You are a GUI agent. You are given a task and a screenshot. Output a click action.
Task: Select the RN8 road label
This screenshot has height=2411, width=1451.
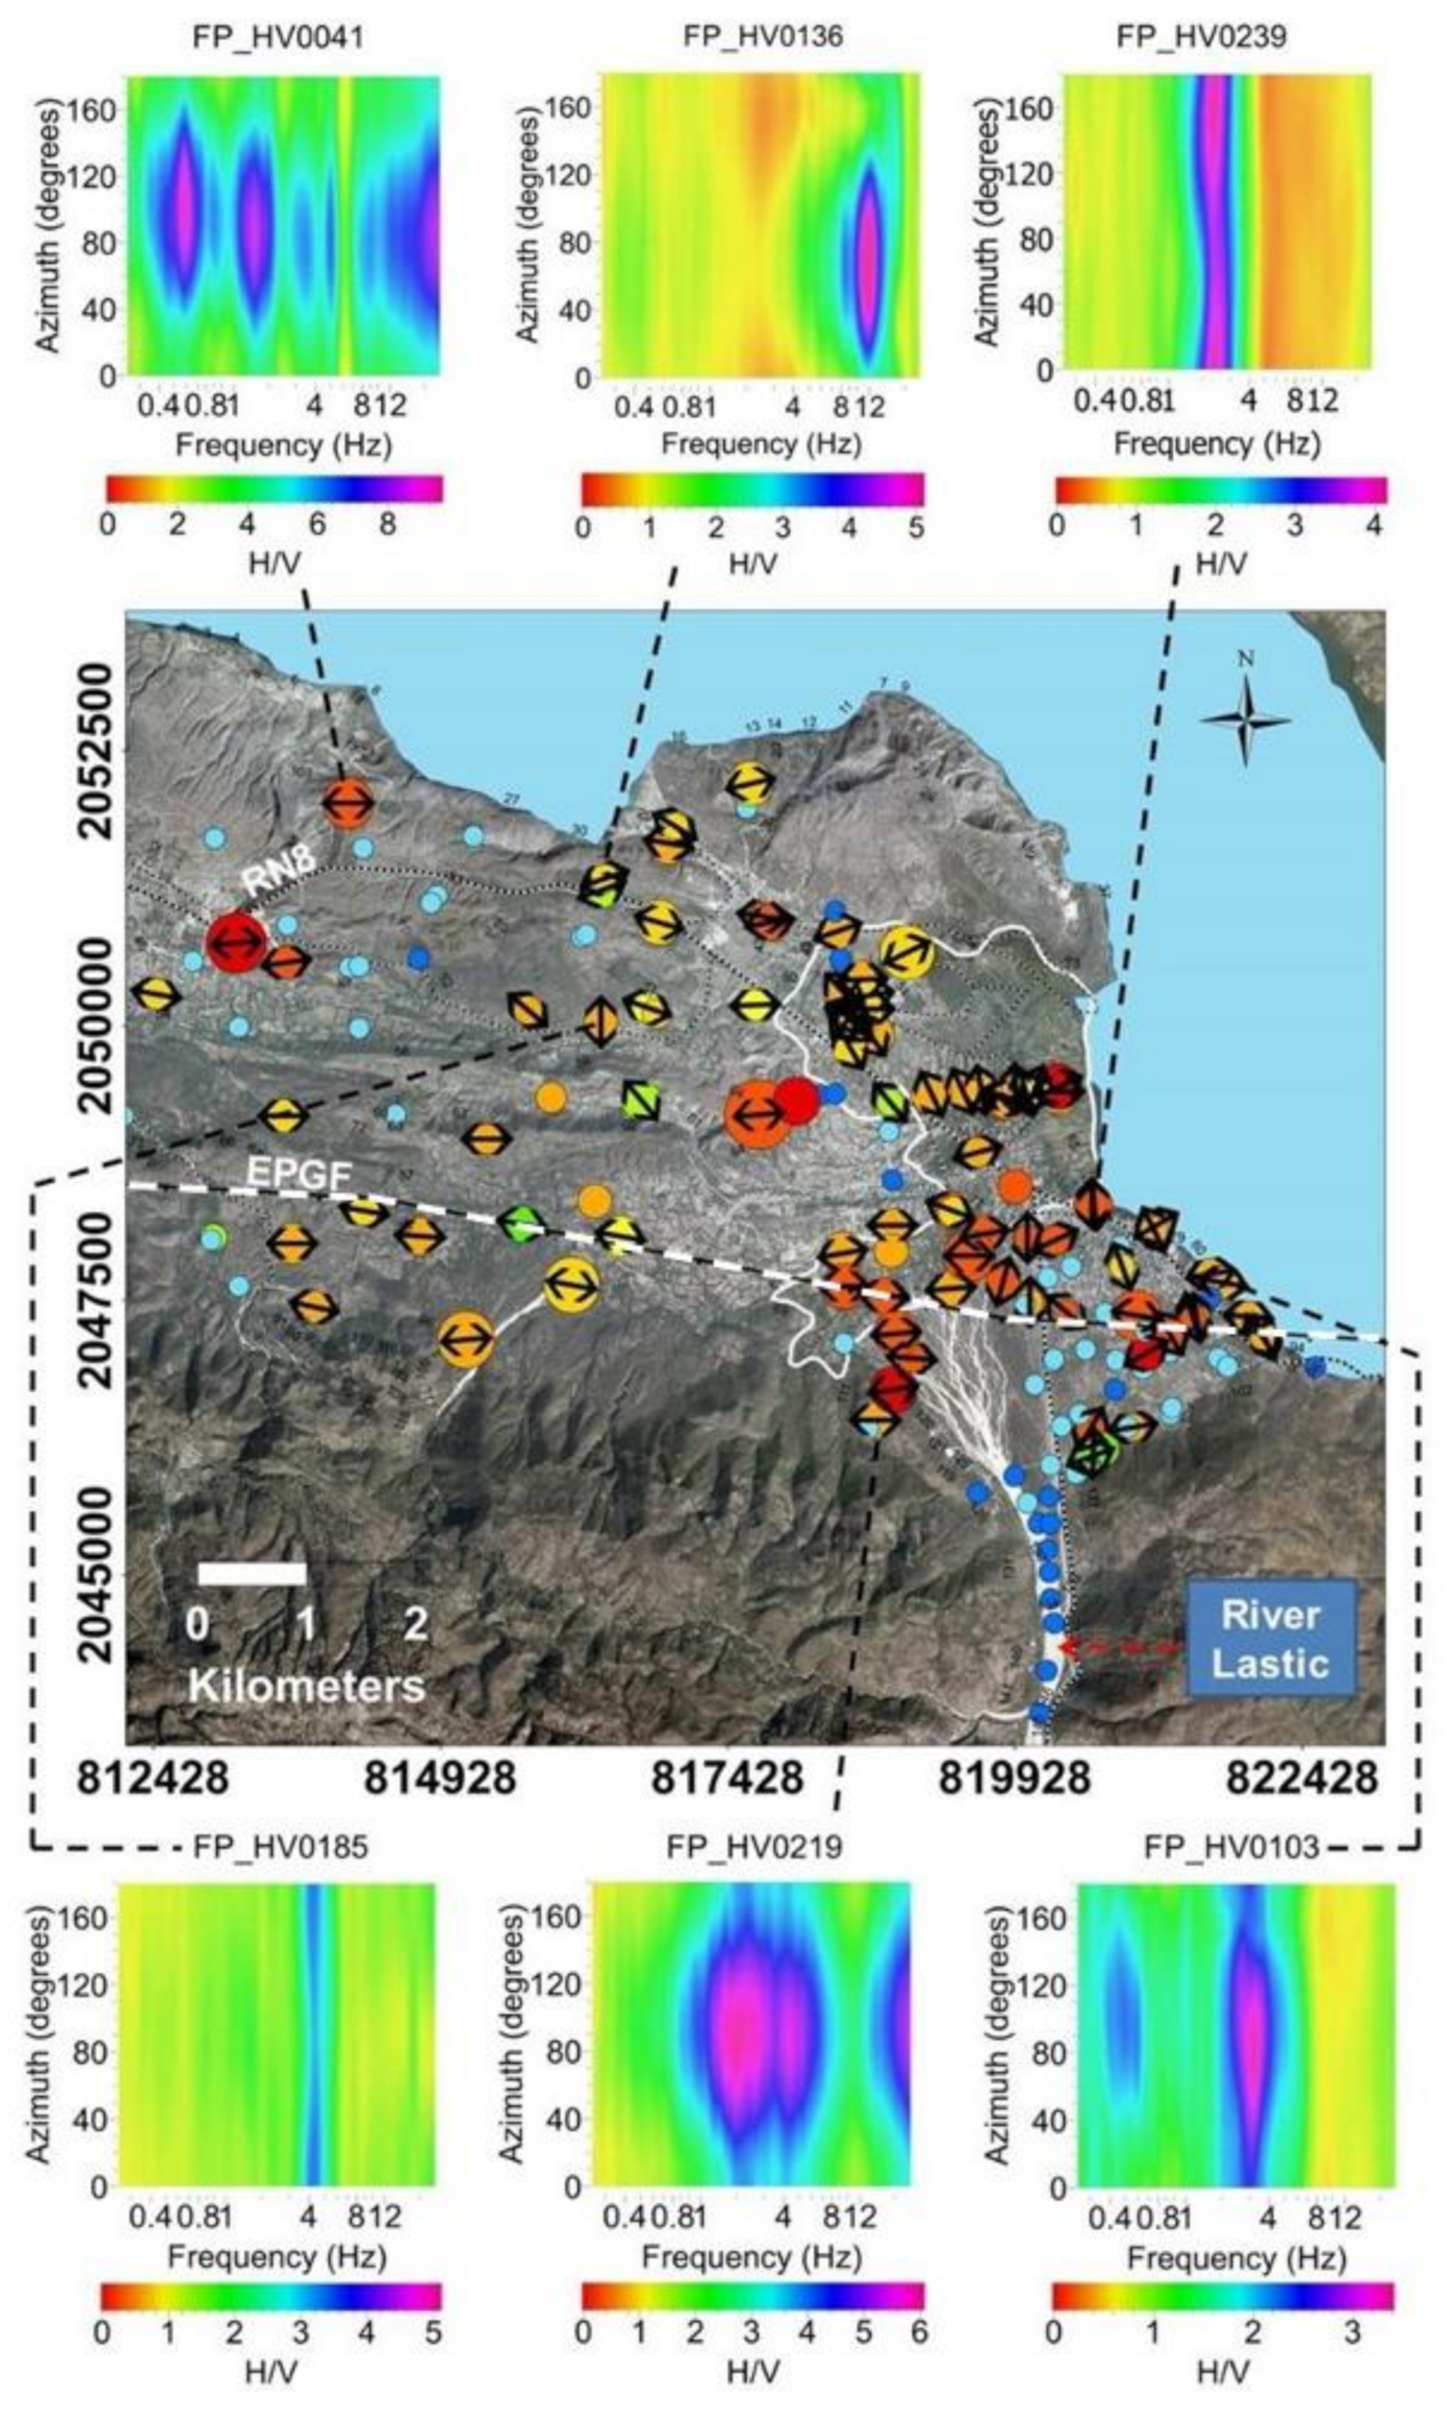tap(280, 861)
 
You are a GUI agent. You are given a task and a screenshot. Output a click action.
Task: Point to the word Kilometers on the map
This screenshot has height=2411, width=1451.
tap(306, 1684)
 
